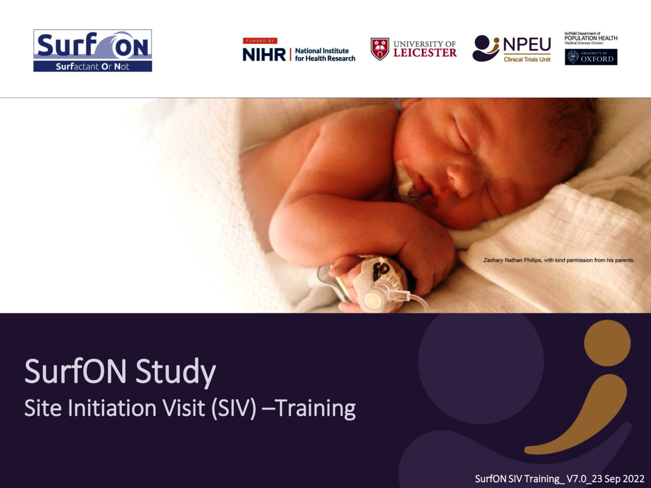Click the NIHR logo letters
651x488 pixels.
264,54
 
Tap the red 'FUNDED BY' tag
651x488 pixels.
260,41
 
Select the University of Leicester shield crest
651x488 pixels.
380,49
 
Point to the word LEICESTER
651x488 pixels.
425,53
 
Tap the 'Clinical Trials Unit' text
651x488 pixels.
527,59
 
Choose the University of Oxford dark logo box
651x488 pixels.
591,57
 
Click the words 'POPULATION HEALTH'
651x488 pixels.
591,38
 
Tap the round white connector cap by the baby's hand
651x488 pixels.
373,299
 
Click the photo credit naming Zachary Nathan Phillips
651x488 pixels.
559,261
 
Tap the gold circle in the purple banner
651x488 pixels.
607,343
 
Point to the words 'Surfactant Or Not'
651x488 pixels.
92,67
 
